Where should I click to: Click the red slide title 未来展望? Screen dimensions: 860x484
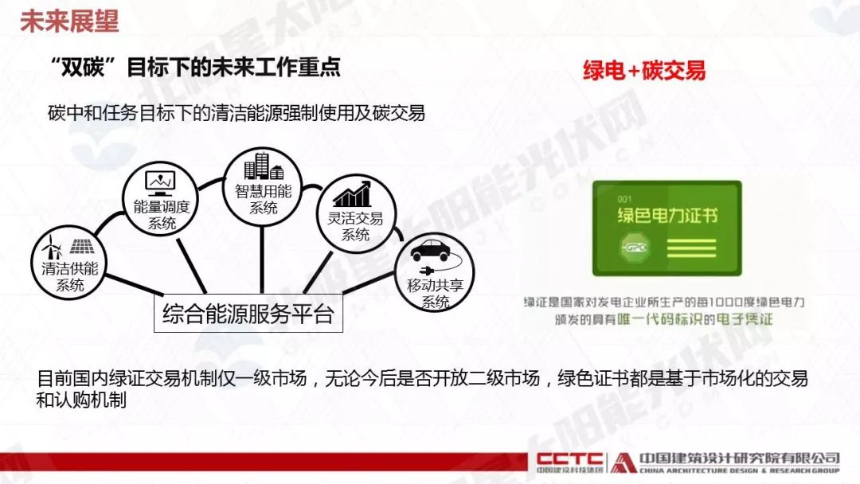pos(69,20)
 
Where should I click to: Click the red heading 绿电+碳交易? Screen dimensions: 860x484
pos(644,71)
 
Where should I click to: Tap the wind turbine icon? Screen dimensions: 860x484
pos(53,248)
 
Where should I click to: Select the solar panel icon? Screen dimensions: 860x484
pos(82,247)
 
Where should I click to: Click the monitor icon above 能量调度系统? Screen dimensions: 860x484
pos(160,183)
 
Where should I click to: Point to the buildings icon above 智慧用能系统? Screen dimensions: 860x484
pos(264,166)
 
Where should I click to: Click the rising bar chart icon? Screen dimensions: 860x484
pos(352,193)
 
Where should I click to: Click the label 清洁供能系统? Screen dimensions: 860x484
pos(69,277)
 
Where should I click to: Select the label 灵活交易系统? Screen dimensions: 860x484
pos(355,226)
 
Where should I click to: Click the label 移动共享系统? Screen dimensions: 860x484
pos(436,294)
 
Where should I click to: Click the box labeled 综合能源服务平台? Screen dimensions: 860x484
pos(248,314)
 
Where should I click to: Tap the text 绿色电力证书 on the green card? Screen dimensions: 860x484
pos(667,215)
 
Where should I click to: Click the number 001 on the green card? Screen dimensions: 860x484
pos(624,199)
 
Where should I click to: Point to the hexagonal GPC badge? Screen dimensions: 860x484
pos(635,248)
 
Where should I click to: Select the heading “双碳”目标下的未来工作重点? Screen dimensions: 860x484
pos(195,67)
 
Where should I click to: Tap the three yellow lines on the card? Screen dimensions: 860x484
pos(692,248)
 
